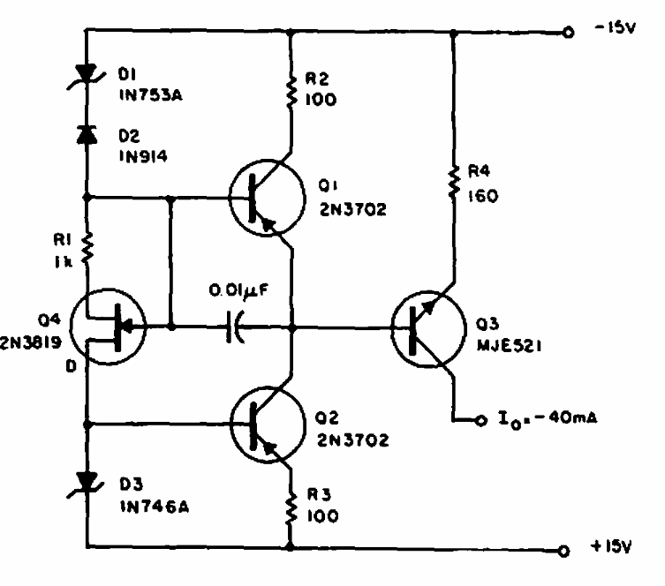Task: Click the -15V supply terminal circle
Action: click(x=568, y=32)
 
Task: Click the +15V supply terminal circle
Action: click(x=563, y=551)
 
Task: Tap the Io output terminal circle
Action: click(x=480, y=420)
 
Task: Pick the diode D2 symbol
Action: click(x=87, y=135)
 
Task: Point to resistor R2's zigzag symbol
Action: click(x=291, y=92)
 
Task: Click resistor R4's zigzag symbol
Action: click(x=454, y=182)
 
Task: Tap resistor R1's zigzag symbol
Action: click(x=87, y=247)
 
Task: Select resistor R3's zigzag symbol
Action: click(x=291, y=508)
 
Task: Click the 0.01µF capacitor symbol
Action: click(x=235, y=327)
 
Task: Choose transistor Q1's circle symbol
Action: click(x=267, y=198)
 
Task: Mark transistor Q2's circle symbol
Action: click(x=268, y=424)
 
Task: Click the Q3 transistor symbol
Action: click(x=428, y=328)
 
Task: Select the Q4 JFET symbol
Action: click(x=108, y=327)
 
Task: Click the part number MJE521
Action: click(x=509, y=346)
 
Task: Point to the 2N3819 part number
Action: click(x=31, y=342)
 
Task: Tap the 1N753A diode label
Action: click(x=150, y=95)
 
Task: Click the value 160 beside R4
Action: click(x=483, y=196)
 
